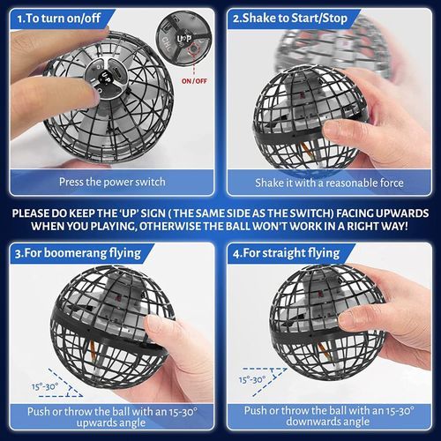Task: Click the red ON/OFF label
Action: pos(194,81)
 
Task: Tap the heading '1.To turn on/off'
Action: pos(59,19)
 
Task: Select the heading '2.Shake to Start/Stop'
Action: pos(290,19)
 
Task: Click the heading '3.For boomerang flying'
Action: pos(78,253)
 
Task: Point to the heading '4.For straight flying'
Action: pos(287,253)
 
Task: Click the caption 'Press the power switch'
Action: pos(112,182)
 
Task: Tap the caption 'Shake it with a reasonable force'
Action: pos(329,183)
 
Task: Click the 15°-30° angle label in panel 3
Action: pos(45,386)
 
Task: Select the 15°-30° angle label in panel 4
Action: pos(252,379)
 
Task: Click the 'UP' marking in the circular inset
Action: pos(184,39)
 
